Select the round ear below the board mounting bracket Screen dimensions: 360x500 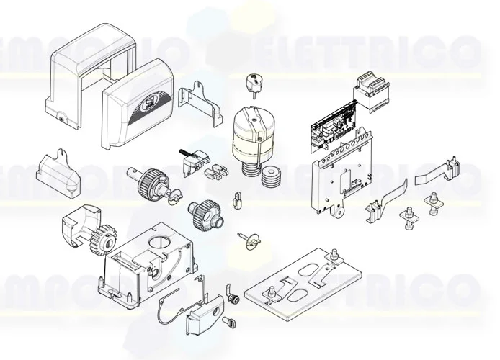pos(336,212)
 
